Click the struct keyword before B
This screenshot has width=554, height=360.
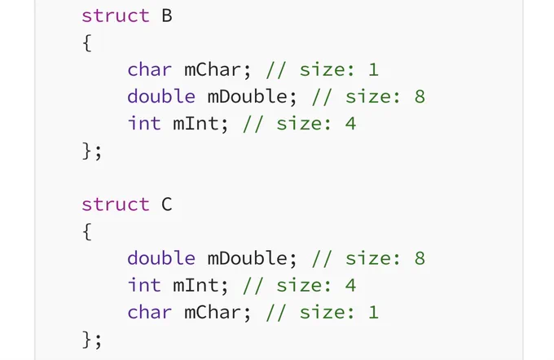116,16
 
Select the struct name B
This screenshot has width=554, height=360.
167,16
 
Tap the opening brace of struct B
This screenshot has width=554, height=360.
87,43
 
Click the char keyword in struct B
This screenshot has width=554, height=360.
149,69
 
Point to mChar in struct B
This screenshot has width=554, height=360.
213,69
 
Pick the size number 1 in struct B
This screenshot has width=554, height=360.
373,69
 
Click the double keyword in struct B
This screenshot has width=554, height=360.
161,96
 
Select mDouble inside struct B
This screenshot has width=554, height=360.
248,96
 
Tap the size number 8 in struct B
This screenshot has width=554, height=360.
420,96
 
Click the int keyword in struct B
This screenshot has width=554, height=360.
144,123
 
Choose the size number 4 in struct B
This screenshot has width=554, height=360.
350,124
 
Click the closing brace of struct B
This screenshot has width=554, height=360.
87,151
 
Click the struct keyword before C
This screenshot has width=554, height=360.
116,204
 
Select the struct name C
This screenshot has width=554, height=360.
167,204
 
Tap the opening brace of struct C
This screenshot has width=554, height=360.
87,232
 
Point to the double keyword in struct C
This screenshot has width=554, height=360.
161,258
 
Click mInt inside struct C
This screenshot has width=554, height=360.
196,285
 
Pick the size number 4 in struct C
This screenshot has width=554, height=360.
350,285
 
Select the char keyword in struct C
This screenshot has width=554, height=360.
149,312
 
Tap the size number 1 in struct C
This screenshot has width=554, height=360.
373,312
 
